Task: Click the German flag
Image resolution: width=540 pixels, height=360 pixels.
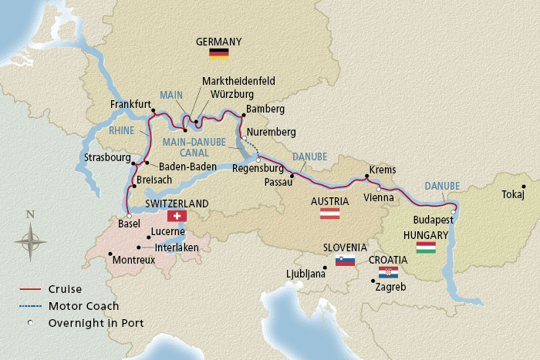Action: [x=219, y=53]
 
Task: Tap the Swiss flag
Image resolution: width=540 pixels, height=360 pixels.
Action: [x=177, y=216]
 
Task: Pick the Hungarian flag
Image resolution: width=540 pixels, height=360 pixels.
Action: [x=426, y=247]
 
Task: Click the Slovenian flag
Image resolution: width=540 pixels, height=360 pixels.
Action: [x=345, y=261]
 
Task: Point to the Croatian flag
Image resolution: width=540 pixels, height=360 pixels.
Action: [x=388, y=273]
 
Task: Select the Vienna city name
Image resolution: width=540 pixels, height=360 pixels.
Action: [x=378, y=197]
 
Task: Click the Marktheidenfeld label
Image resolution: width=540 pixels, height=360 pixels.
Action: [x=238, y=80]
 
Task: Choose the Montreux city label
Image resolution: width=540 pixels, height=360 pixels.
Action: [x=133, y=261]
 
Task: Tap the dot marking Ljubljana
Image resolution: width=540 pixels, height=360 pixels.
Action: [x=326, y=267]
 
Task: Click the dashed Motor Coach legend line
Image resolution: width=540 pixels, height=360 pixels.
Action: [x=30, y=305]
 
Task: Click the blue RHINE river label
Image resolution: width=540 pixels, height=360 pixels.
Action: [x=122, y=131]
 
